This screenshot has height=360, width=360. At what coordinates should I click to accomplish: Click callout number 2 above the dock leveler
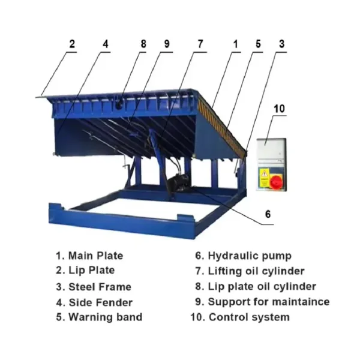[72, 44]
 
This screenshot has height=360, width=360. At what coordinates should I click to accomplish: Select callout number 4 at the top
[106, 44]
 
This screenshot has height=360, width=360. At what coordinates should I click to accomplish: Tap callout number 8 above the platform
[143, 44]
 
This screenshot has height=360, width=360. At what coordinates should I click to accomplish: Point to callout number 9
[167, 44]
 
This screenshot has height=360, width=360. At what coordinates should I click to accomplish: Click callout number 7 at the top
[200, 44]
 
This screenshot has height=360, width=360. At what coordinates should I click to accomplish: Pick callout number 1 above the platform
[236, 44]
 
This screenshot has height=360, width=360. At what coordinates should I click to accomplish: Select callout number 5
[258, 44]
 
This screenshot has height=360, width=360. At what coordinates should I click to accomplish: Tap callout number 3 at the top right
[281, 44]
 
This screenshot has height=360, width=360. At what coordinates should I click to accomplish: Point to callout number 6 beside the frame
[268, 214]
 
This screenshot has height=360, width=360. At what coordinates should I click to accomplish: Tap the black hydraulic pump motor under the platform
[178, 183]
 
